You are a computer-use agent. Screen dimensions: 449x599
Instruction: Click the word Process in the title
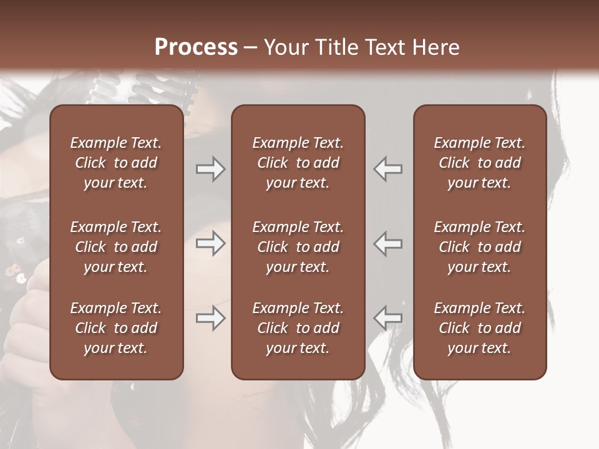coord(196,47)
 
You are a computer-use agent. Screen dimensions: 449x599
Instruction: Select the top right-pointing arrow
coord(211,169)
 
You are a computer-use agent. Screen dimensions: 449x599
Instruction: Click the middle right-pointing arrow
coord(211,243)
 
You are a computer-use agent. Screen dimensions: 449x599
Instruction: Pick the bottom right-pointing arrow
coord(211,318)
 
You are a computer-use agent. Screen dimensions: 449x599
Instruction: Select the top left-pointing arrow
coord(388,169)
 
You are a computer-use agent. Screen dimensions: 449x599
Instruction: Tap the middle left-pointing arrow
coord(388,243)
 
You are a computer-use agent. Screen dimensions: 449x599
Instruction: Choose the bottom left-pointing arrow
coord(388,318)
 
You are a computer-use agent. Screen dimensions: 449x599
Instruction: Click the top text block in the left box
coord(116,163)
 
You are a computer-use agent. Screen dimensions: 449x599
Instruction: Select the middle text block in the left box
coord(116,247)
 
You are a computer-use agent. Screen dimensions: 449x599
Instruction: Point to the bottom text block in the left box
coord(116,328)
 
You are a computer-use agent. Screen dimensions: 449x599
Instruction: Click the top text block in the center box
coord(298,163)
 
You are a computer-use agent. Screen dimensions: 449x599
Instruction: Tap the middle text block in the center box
coord(298,247)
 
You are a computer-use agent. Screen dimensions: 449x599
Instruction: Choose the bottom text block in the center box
coord(298,328)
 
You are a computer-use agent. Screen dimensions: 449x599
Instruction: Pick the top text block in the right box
coord(479,163)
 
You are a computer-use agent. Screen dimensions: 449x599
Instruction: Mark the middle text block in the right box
coord(479,247)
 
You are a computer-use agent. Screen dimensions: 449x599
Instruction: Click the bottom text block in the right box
coord(479,328)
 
